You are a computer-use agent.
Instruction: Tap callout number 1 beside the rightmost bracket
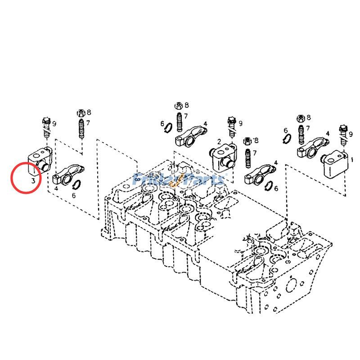coord(352,159)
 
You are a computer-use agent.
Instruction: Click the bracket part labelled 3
coord(40,160)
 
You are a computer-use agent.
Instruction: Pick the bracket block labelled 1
coord(335,164)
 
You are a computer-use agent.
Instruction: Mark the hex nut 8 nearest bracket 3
coord(81,112)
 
